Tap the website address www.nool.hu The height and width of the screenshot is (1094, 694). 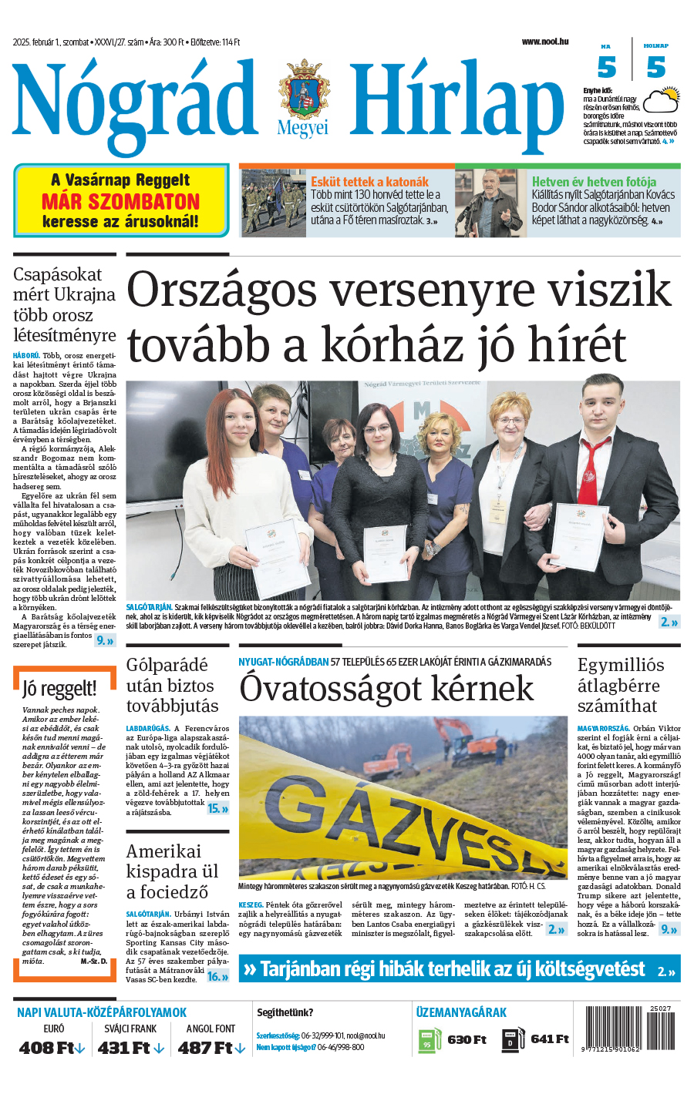(x=544, y=42)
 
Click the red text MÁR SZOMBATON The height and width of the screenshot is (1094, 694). (x=121, y=202)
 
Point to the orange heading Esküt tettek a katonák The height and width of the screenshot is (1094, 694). (x=369, y=182)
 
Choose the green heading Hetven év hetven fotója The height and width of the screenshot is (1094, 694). (x=594, y=182)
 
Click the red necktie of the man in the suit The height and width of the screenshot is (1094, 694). (x=591, y=470)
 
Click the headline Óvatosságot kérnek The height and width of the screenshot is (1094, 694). (x=386, y=688)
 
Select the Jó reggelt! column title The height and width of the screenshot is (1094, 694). (x=59, y=688)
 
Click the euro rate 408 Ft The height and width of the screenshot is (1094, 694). (x=47, y=1048)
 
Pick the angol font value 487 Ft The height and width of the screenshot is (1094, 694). (x=206, y=1048)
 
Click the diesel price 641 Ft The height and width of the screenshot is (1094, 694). (x=550, y=1039)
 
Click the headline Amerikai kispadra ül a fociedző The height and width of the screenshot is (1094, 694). (x=173, y=871)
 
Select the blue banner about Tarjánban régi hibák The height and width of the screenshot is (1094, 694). (x=459, y=969)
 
